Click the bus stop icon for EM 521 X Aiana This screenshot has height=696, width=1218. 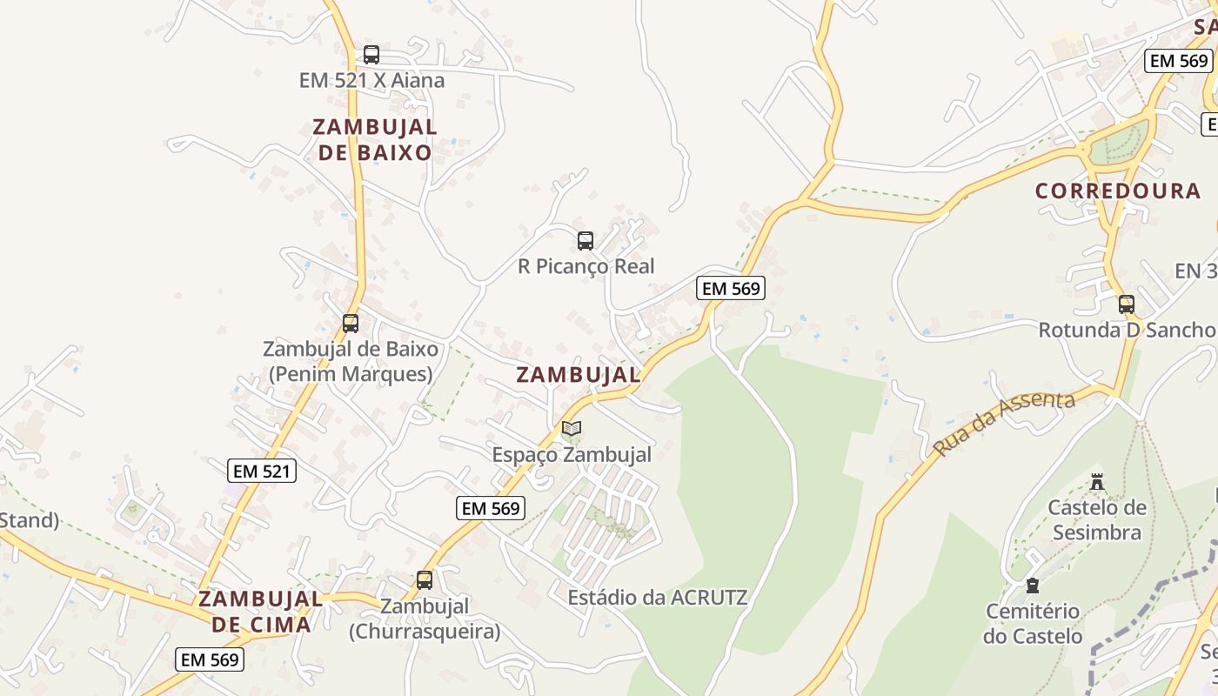(371, 55)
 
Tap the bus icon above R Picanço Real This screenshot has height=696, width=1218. (586, 241)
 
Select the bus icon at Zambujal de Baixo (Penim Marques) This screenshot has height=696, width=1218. (351, 324)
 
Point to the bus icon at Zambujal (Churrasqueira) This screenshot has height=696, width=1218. (425, 580)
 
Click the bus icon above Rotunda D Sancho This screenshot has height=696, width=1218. (1127, 304)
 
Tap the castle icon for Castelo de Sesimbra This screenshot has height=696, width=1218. (1097, 482)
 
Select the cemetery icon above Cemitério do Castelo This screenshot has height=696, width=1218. (1033, 586)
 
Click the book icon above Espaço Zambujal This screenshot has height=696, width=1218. (572, 428)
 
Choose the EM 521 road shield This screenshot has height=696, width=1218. (263, 472)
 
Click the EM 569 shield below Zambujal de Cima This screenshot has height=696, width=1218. (210, 659)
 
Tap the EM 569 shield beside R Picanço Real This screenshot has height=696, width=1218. (731, 289)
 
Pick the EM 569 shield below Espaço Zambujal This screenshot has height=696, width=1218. (491, 508)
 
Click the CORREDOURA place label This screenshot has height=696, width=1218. (1117, 191)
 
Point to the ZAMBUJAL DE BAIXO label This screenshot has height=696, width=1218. (374, 139)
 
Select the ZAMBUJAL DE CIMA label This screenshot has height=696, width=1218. (260, 612)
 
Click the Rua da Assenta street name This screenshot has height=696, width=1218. (1004, 423)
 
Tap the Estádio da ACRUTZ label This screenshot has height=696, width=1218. (657, 598)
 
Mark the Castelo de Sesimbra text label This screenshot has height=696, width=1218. (1096, 519)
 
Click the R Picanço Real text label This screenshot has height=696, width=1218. (586, 266)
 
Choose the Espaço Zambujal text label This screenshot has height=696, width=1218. (572, 454)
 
